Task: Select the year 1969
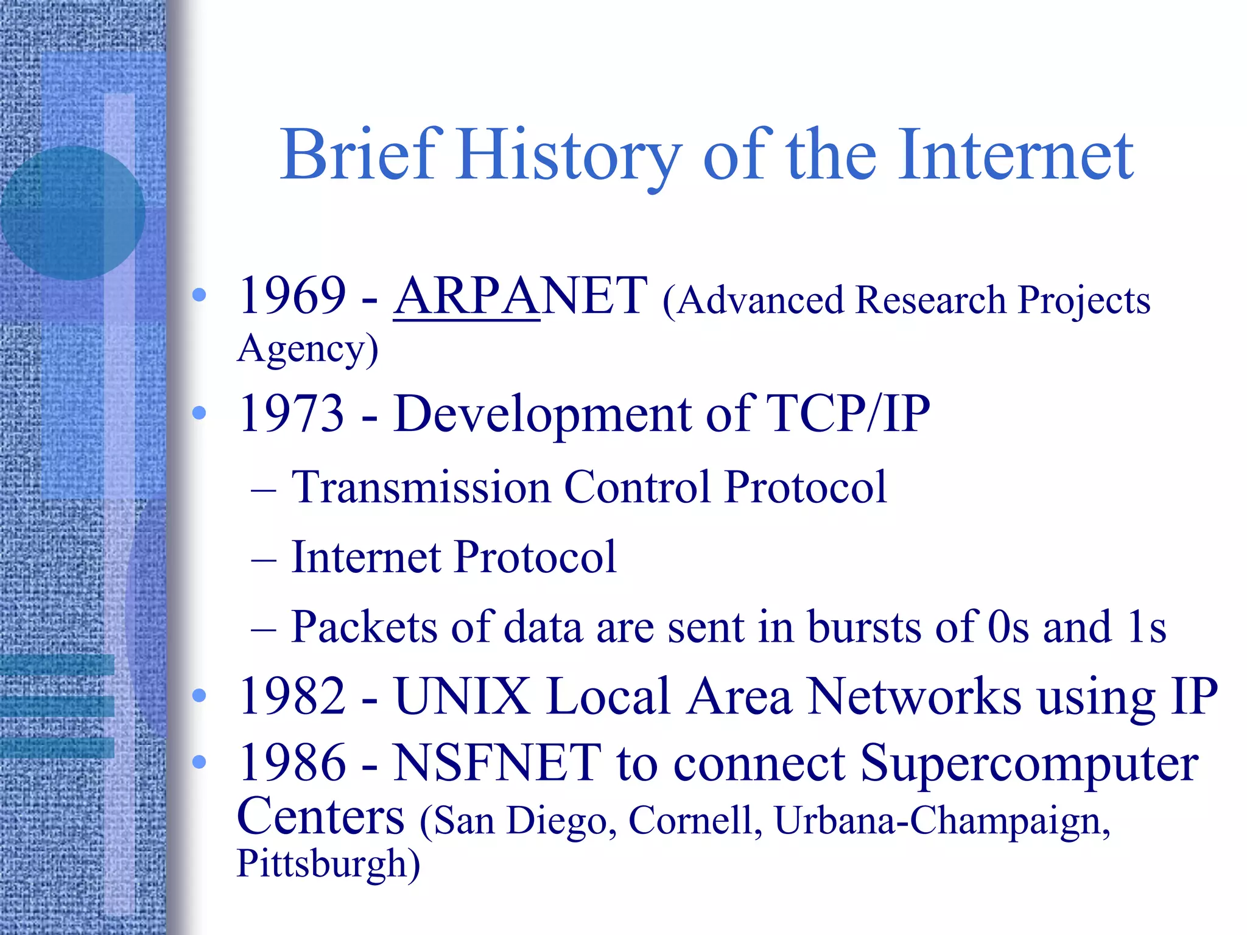tap(292, 296)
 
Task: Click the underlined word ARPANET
tap(521, 296)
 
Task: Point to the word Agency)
tap(307, 349)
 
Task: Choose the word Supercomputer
tap(1029, 764)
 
